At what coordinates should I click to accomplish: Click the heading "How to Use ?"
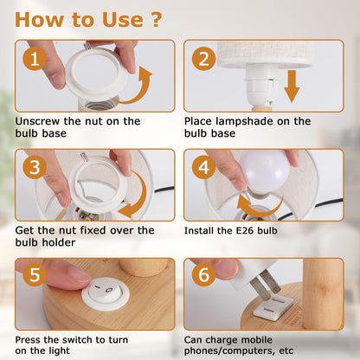pos(88,20)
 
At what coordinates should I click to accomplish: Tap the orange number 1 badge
pos(35,59)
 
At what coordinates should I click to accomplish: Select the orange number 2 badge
pos(203,59)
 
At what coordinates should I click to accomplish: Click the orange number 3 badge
pos(35,167)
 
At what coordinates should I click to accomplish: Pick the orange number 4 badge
pos(203,167)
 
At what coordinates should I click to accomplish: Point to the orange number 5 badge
pos(35,274)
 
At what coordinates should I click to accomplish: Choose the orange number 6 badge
pos(203,274)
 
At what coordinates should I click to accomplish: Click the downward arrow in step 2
pos(292,86)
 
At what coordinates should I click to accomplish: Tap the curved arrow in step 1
pos(140,93)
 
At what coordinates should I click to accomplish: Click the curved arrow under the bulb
pos(260,210)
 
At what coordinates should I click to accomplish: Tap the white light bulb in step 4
pos(265,173)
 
